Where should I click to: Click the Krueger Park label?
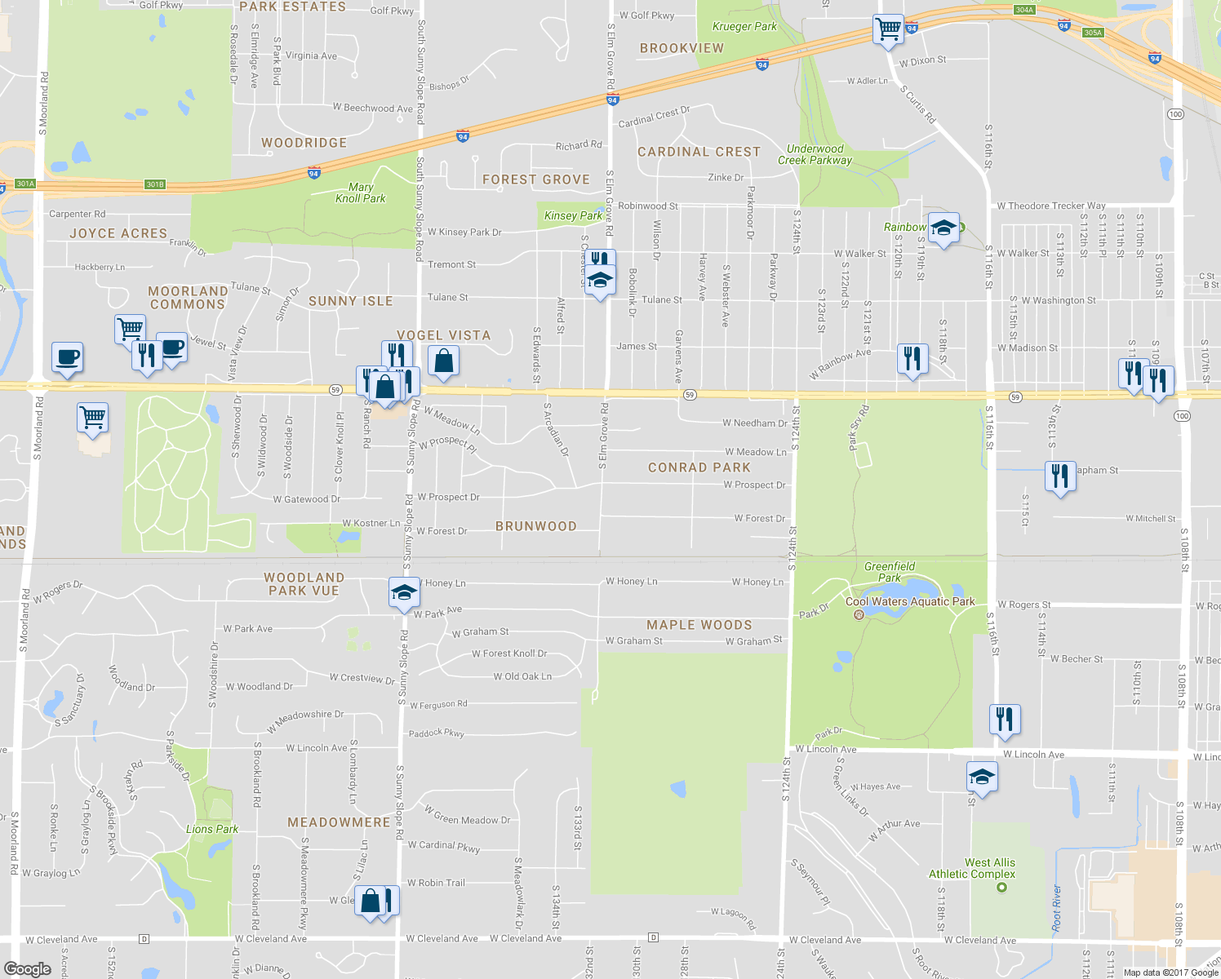tap(744, 26)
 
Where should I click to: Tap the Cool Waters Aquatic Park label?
tap(910, 601)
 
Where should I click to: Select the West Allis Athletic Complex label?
tap(972, 868)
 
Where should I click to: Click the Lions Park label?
tap(212, 829)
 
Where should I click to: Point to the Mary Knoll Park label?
tap(361, 193)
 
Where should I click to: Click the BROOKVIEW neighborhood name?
tap(682, 48)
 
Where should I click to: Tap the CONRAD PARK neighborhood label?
tap(699, 467)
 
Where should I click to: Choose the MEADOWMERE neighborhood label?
tap(339, 822)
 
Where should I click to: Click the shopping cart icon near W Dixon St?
tap(888, 29)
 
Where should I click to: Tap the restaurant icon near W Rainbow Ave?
tap(912, 358)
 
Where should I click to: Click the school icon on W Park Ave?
tap(404, 593)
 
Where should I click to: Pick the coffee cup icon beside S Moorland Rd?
tap(68, 357)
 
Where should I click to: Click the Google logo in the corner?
tap(27, 968)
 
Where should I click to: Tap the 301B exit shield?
tap(155, 184)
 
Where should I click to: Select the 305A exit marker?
tap(1093, 33)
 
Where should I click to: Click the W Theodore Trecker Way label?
tap(1051, 206)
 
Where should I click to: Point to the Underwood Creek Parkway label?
tap(815, 154)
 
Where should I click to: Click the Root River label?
tap(1057, 908)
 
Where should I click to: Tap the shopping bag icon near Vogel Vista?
tap(442, 361)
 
